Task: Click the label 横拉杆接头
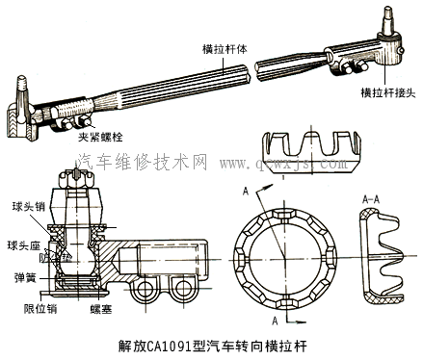click(x=387, y=91)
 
